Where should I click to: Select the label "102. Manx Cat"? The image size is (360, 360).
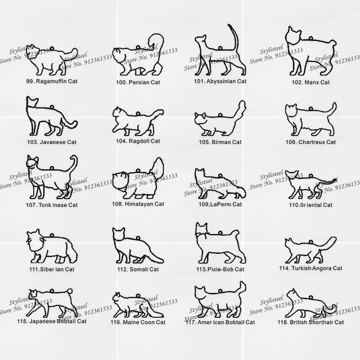click(310, 82)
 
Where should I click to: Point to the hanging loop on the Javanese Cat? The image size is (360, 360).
click(52, 107)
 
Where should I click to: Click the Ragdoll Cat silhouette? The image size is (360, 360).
click(138, 121)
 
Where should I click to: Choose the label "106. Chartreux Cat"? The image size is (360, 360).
click(310, 142)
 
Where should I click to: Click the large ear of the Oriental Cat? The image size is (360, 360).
click(295, 173)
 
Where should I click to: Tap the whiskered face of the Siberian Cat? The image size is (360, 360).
click(34, 239)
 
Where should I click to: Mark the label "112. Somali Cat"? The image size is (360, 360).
click(138, 269)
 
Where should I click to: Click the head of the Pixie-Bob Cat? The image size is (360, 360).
click(201, 229)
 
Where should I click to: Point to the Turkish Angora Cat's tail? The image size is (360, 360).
click(328, 244)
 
